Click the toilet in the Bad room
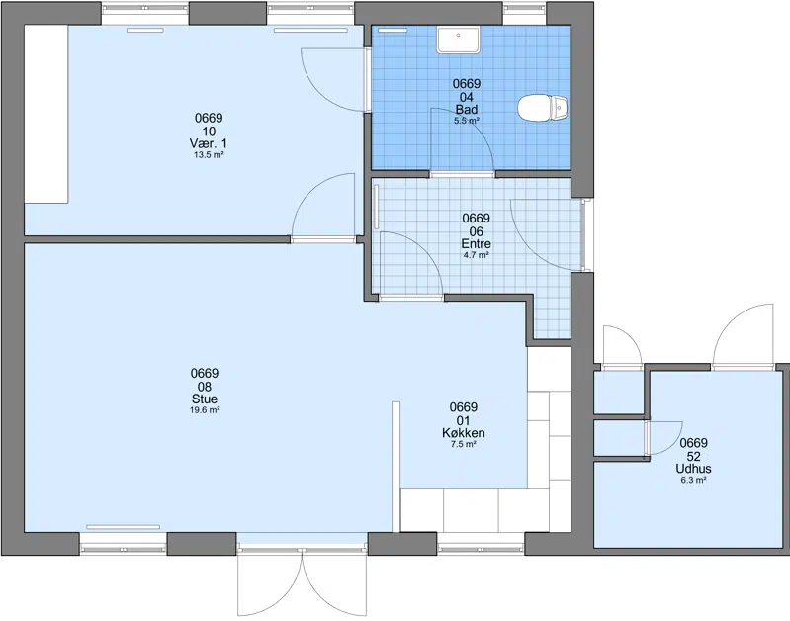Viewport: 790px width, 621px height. [x=543, y=108]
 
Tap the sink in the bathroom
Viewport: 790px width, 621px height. [x=459, y=41]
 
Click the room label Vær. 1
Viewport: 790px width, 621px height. [x=209, y=144]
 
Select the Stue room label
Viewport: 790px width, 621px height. [x=205, y=399]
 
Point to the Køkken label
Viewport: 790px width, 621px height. [x=464, y=433]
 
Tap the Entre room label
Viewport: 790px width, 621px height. [x=477, y=244]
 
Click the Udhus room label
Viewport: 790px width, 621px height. [x=694, y=469]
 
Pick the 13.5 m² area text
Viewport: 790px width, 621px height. [x=209, y=155]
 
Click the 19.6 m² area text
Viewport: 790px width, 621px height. [x=205, y=410]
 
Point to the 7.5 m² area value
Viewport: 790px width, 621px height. [x=464, y=444]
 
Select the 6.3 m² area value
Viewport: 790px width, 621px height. [x=694, y=480]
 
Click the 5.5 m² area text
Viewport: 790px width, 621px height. [x=467, y=121]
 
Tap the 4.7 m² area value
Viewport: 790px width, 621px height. [x=477, y=255]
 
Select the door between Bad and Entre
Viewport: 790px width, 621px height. [x=462, y=142]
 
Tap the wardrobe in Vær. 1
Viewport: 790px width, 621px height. [x=46, y=115]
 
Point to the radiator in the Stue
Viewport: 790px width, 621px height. [x=123, y=527]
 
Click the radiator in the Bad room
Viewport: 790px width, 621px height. [x=393, y=31]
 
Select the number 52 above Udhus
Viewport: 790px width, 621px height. [x=694, y=456]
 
